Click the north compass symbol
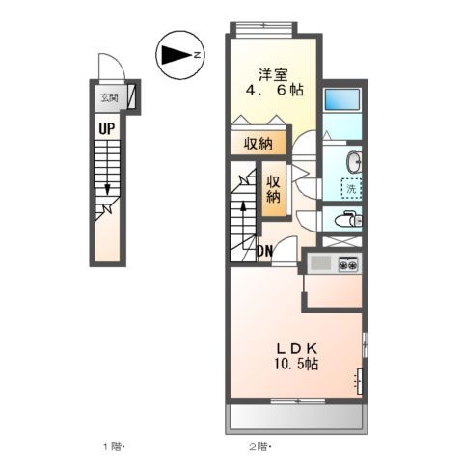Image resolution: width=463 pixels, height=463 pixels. [177, 56]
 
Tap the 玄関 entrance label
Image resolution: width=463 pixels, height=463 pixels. [108, 96]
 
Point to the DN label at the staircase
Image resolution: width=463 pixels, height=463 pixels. [264, 253]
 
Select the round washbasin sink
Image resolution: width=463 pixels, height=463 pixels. [351, 160]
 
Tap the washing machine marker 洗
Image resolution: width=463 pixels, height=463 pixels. [351, 189]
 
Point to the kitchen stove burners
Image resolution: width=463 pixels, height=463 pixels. [346, 262]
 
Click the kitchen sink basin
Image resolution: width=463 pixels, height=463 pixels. [319, 262]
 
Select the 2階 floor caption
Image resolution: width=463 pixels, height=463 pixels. [259, 447]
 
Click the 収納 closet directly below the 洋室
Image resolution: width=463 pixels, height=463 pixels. [258, 143]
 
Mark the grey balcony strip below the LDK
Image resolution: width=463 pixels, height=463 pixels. [297, 417]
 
